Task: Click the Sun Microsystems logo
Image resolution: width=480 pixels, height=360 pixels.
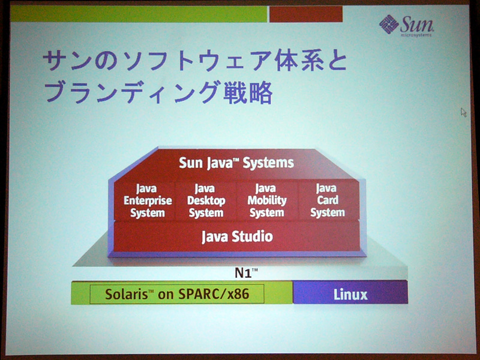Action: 406,26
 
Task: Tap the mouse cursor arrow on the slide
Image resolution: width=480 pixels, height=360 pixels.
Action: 463,112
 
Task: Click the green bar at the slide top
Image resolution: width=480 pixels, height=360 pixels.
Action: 139,14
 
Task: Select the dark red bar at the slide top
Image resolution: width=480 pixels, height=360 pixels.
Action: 306,14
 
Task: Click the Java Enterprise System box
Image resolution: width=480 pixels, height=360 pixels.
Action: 145,200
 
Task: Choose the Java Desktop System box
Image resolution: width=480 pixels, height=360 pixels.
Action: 206,200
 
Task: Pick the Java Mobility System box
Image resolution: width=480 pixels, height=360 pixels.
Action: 267,200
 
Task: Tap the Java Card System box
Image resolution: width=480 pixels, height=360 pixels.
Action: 328,200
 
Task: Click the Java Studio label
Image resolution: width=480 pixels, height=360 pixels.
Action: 237,236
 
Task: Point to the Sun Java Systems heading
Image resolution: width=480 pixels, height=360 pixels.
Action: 236,163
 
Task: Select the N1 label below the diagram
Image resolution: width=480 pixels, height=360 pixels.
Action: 246,272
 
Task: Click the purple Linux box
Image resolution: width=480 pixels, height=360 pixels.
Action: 350,292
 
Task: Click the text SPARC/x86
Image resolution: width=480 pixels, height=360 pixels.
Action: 214,294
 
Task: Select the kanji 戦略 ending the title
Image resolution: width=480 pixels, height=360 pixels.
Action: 248,92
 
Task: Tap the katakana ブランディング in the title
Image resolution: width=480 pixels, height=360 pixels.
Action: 133,92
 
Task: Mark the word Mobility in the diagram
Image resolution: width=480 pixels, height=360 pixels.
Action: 267,200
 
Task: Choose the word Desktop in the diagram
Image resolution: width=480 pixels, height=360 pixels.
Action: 206,201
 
